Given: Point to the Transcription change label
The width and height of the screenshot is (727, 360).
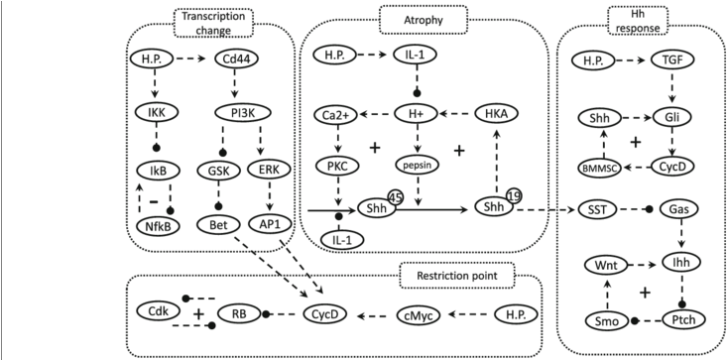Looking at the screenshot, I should (x=209, y=24).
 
